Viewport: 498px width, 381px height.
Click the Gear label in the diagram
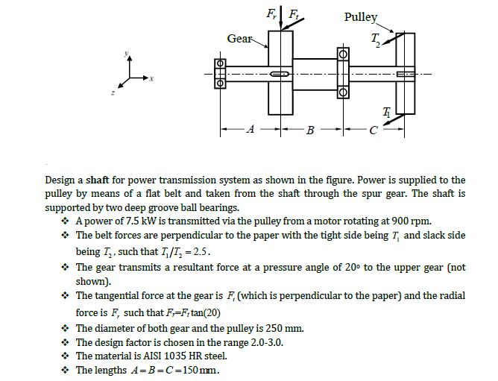(x=240, y=39)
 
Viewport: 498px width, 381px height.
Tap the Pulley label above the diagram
(x=361, y=17)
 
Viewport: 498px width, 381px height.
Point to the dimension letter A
(x=251, y=129)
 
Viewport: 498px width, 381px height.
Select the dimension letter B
(x=311, y=130)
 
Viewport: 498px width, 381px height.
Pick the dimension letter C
(x=373, y=130)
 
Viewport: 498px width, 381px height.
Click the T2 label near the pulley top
(x=376, y=40)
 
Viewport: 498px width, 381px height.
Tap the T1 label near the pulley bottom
(x=386, y=112)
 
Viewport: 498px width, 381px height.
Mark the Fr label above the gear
(x=271, y=13)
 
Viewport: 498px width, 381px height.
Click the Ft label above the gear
(x=293, y=14)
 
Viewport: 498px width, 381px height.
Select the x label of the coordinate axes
(x=151, y=78)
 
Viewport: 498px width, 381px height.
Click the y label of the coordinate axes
(x=126, y=53)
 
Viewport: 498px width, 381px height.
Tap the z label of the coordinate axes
(x=113, y=92)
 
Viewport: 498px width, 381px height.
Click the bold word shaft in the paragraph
(x=98, y=180)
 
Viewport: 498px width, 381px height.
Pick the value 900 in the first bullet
(x=400, y=221)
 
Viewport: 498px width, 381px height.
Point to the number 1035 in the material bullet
(x=175, y=356)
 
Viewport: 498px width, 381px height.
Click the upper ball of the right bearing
(x=343, y=54)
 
